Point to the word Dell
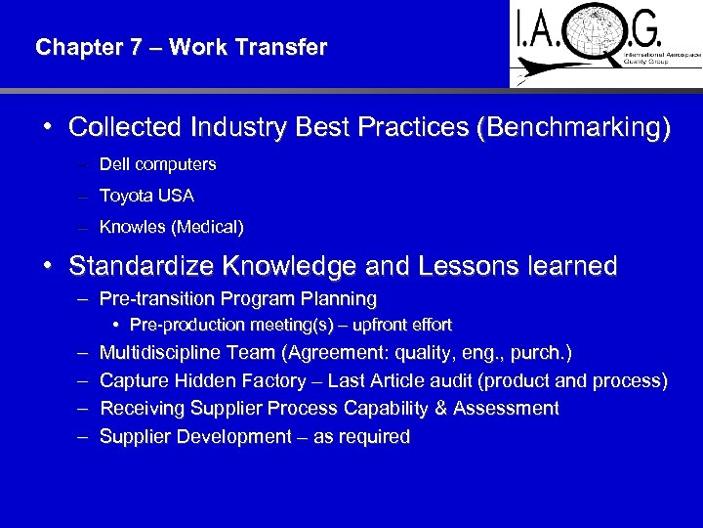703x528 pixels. pyautogui.click(x=114, y=164)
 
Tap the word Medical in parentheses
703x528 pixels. pyautogui.click(x=208, y=227)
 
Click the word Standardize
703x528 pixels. pyautogui.click(x=141, y=266)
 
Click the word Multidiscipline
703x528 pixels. pyautogui.click(x=162, y=352)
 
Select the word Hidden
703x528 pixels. pyautogui.click(x=200, y=380)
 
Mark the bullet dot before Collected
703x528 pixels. pyautogui.click(x=47, y=127)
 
